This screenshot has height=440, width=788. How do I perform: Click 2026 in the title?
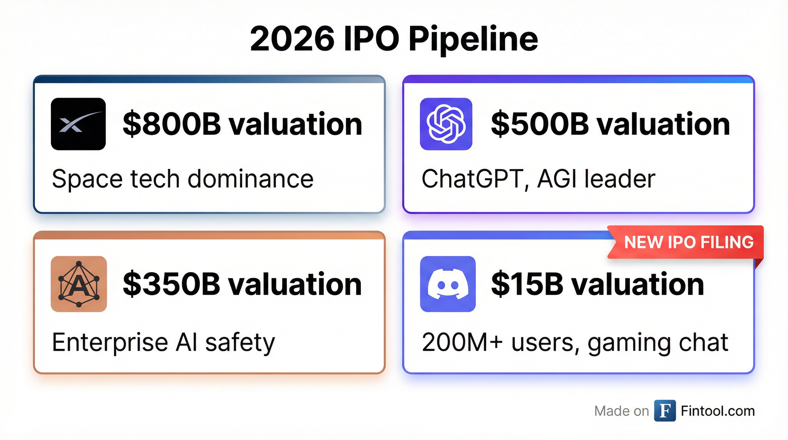coord(292,39)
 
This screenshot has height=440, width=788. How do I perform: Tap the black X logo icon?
coord(78,124)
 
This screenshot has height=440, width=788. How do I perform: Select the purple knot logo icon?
coord(446,124)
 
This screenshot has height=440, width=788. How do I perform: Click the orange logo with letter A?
coord(79,284)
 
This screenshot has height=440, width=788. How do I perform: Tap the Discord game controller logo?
coord(448,284)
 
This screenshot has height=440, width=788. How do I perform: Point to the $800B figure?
coord(172,124)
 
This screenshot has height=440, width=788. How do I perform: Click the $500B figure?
coord(540,124)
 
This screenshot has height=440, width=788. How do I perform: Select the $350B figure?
coord(172,284)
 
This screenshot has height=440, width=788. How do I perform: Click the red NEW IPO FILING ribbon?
coord(685,242)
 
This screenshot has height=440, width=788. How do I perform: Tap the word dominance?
coord(251,179)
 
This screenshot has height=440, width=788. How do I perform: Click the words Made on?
coord(621,411)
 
